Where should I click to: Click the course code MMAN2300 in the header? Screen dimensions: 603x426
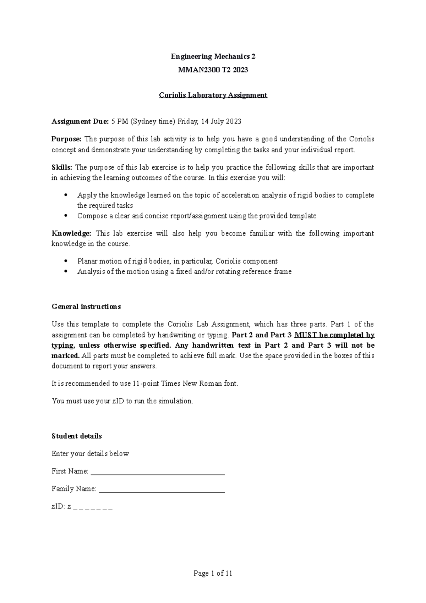pos(199,70)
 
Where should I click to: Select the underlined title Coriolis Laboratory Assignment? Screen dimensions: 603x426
pos(213,95)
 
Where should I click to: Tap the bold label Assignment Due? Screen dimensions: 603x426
pos(80,121)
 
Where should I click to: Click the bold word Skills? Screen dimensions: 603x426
pos(62,167)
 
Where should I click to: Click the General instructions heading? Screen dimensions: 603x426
pos(86,306)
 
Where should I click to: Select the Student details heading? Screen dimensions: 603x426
pos(77,436)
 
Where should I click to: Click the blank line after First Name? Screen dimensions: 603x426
pos(158,472)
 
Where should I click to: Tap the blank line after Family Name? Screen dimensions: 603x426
pos(162,490)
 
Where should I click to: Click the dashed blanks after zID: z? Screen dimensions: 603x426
pos(93,507)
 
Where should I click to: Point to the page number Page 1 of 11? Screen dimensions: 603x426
pos(213,573)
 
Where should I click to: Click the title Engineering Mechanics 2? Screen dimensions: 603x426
pos(213,56)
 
